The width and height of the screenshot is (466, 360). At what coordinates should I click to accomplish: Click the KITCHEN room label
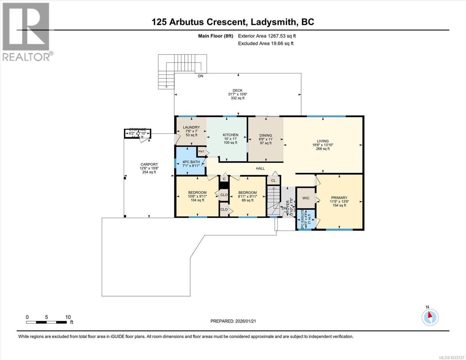(x=230, y=135)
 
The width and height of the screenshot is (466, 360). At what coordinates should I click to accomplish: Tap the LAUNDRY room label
(x=191, y=127)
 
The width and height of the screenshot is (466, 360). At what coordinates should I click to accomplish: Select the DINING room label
(x=266, y=135)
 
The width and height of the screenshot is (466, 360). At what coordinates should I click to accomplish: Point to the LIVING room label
(x=323, y=141)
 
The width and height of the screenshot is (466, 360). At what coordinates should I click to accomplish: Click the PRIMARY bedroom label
(x=339, y=198)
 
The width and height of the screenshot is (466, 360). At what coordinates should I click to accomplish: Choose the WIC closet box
(x=305, y=198)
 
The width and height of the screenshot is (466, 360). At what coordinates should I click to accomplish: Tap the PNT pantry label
(x=201, y=151)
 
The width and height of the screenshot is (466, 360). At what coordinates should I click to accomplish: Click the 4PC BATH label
(x=191, y=162)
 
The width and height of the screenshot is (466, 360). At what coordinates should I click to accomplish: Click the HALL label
(x=260, y=168)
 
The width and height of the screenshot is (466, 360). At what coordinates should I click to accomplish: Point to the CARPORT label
(x=149, y=164)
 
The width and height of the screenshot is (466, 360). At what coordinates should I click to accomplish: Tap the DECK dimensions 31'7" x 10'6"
(x=237, y=94)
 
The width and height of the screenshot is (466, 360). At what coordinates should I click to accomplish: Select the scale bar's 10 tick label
(x=68, y=317)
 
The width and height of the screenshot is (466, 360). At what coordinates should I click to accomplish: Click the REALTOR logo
(x=26, y=31)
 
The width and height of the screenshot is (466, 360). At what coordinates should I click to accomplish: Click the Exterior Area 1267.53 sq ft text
(x=267, y=36)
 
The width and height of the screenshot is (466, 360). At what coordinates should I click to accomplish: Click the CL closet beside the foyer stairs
(x=273, y=180)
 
